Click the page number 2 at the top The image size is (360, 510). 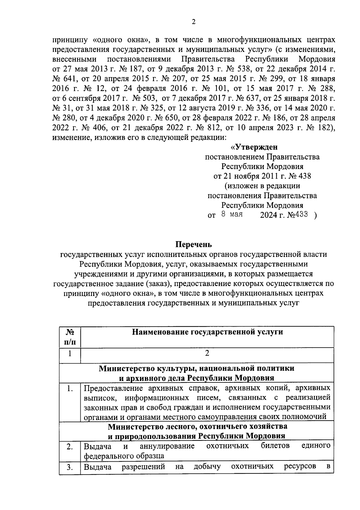pyautogui.click(x=193, y=22)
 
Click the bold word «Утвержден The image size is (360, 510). pyautogui.click(x=254, y=147)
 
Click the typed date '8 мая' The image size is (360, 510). pyautogui.click(x=232, y=215)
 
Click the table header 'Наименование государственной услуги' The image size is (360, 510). pyautogui.click(x=207, y=332)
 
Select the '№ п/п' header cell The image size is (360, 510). pyautogui.click(x=70, y=337)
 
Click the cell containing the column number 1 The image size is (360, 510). pyautogui.click(x=70, y=353)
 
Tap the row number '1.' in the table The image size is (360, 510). pyautogui.click(x=70, y=389)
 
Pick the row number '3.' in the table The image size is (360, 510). pyautogui.click(x=70, y=468)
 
